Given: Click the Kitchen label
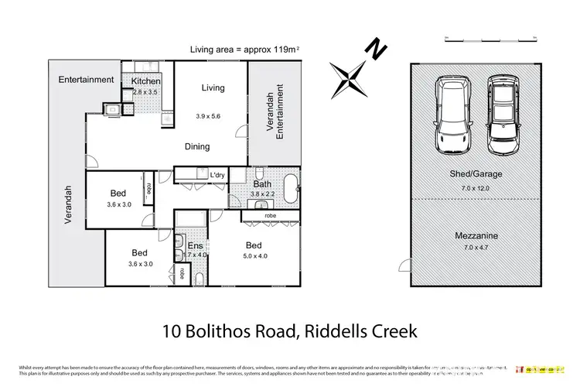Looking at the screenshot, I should (x=145, y=81).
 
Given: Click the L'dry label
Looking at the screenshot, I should (x=217, y=176).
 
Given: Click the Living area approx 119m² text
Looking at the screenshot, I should (x=245, y=50).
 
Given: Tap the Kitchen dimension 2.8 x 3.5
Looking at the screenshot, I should (x=145, y=92).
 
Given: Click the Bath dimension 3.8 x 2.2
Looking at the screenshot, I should (x=263, y=194).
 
